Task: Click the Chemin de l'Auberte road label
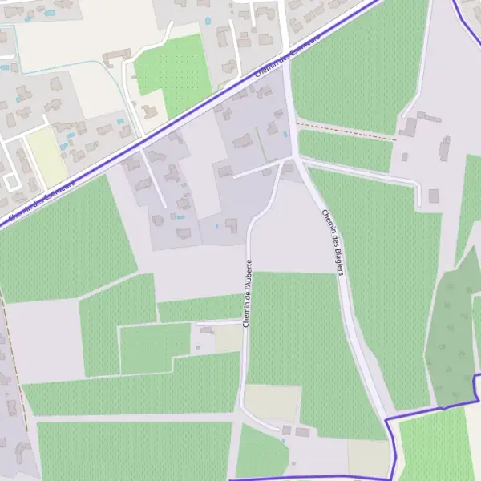pos(248,293)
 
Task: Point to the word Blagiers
pos(336,257)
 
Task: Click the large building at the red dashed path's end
pos(410,127)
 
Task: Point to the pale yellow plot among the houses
pos(46,156)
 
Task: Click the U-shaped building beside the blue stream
pos(115,57)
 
